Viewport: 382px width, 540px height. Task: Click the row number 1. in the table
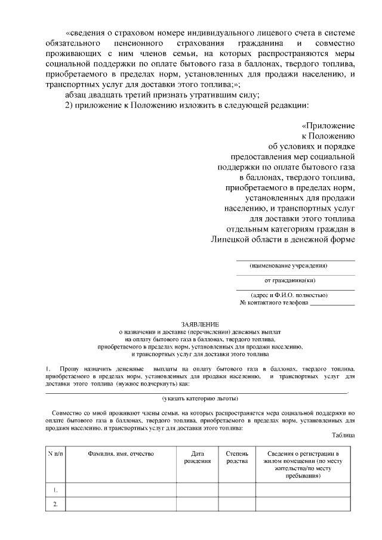pyautogui.click(x=55, y=490)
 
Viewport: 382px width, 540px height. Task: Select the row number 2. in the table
pyautogui.click(x=55, y=505)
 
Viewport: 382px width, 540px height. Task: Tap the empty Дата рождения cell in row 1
pyautogui.click(x=197, y=490)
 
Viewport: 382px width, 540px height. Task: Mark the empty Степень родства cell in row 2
pyautogui.click(x=237, y=505)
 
